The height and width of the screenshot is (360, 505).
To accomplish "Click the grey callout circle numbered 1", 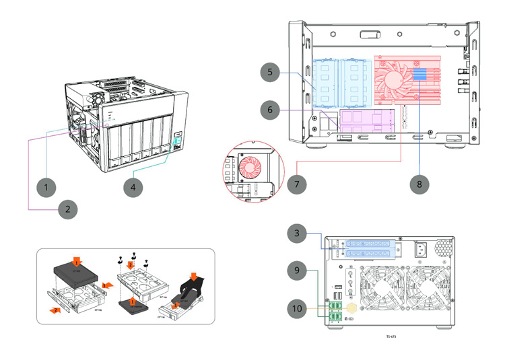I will click(x=46, y=186).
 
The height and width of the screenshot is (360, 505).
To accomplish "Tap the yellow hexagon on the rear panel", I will click(x=354, y=307).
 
